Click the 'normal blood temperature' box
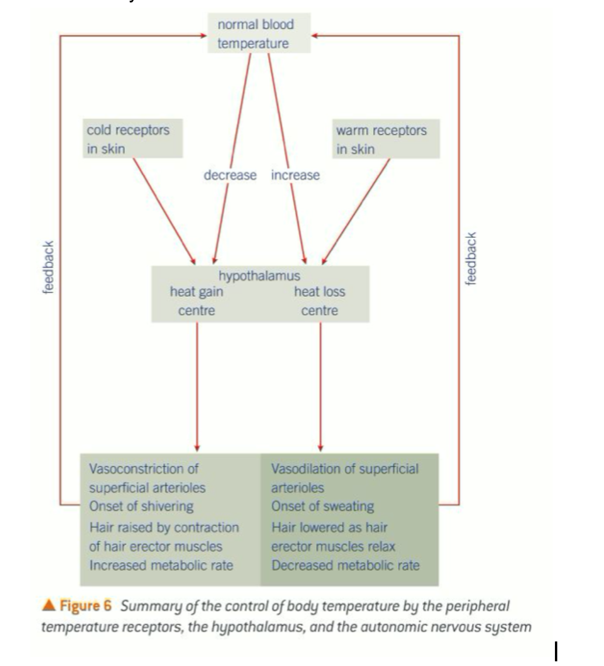click(259, 34)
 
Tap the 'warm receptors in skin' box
click(386, 139)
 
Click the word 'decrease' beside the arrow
click(230, 175)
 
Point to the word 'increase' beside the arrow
click(295, 175)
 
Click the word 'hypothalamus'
click(259, 275)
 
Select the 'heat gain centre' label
click(196, 301)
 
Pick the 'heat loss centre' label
click(320, 301)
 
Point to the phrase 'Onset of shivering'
click(141, 506)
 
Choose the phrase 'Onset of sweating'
click(322, 506)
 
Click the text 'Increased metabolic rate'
click(161, 565)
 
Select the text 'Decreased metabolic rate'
click(345, 565)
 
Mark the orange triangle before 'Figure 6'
click(48, 605)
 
